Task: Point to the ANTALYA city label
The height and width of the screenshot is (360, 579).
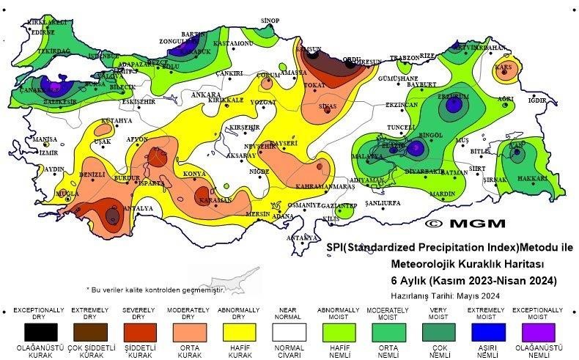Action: pyautogui.click(x=139, y=208)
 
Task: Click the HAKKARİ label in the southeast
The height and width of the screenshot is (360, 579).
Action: pyautogui.click(x=532, y=178)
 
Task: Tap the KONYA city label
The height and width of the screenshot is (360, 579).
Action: pyautogui.click(x=193, y=174)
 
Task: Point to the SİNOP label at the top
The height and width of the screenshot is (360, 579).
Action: pyautogui.click(x=270, y=21)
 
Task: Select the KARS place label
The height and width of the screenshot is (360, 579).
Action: pyautogui.click(x=504, y=67)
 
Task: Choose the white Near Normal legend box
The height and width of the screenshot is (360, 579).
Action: pyautogui.click(x=290, y=332)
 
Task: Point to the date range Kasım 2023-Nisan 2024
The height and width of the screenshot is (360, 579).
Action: pyautogui.click(x=473, y=280)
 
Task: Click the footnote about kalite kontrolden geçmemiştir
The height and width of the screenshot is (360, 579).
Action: pyautogui.click(x=154, y=290)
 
